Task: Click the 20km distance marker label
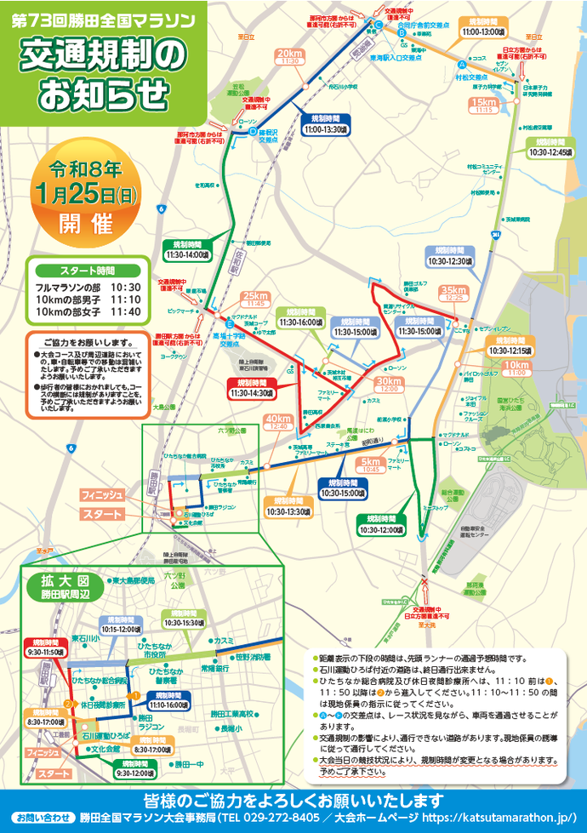pos(290,56)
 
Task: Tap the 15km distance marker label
pos(486,105)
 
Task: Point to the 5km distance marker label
pos(370,465)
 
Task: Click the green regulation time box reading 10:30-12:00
pos(385,524)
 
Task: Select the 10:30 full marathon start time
pos(124,288)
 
